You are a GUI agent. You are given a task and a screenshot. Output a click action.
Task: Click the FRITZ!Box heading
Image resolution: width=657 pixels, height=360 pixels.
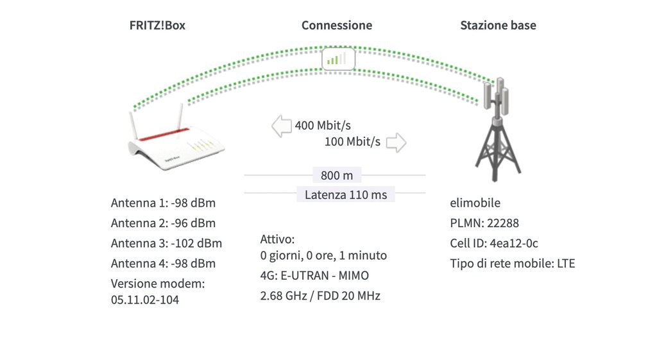coord(157,25)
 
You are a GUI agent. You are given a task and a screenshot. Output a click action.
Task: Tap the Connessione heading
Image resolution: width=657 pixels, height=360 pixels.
coord(337,25)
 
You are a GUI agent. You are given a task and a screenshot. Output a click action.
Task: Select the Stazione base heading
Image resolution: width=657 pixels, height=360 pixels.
coord(498,25)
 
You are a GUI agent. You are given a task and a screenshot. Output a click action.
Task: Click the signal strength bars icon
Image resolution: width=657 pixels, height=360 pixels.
coord(338,58)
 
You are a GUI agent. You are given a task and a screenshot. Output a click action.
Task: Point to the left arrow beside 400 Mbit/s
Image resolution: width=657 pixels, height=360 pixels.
coord(282,126)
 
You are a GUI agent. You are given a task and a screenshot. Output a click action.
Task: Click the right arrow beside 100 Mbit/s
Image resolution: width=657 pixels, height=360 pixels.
coord(396,142)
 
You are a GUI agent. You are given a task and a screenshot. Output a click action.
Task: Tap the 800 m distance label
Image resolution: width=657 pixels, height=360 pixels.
coord(337,175)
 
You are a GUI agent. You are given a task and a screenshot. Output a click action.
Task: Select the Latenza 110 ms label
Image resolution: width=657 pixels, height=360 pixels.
coord(346,194)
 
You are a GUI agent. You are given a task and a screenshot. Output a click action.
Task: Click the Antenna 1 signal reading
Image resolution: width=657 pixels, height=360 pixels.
coord(163,203)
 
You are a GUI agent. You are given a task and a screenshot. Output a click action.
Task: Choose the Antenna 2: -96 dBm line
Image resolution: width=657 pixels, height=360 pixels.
coord(163,223)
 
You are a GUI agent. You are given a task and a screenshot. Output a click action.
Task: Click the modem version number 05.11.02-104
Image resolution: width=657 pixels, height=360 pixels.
coord(145,300)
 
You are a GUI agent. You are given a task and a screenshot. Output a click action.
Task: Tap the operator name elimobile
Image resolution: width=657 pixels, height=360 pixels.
coord(475,203)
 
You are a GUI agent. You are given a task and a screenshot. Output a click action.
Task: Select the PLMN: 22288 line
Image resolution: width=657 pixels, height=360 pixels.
coord(484,223)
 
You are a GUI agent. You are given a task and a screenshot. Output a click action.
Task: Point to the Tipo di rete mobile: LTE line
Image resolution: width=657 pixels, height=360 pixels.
coord(513,263)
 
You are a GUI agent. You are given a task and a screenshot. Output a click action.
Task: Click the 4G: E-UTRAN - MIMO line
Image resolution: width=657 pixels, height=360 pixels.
coord(314,275)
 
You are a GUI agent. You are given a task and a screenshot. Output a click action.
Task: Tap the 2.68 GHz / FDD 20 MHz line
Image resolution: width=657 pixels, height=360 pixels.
coord(320,295)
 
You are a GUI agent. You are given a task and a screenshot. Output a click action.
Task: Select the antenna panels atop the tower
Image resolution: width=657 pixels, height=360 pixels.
coord(496,96)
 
